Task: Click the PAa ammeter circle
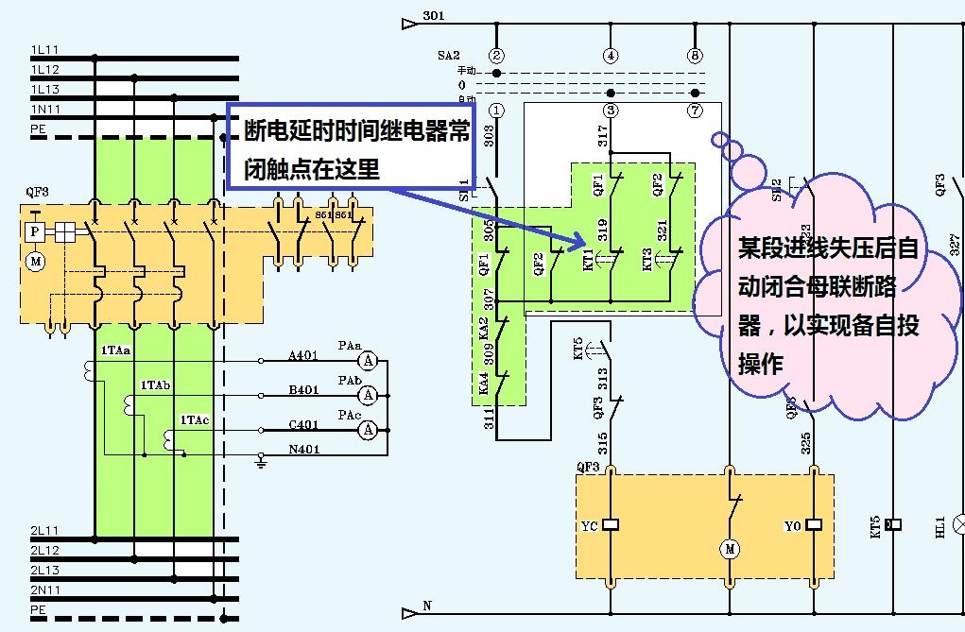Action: coord(371,360)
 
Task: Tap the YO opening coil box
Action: coord(815,524)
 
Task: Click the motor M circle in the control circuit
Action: coord(729,548)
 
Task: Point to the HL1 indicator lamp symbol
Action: coord(956,522)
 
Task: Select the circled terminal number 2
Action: coord(497,56)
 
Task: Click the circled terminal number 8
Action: coord(697,56)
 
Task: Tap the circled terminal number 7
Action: coord(697,111)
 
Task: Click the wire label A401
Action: coord(303,356)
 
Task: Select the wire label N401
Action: coord(303,448)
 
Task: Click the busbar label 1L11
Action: coord(44,49)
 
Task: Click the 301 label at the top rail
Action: coord(434,17)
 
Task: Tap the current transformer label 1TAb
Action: coord(156,385)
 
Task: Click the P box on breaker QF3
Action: coord(35,231)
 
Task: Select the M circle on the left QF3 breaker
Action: coord(35,261)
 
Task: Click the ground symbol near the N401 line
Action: coord(262,460)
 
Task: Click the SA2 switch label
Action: coord(448,56)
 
